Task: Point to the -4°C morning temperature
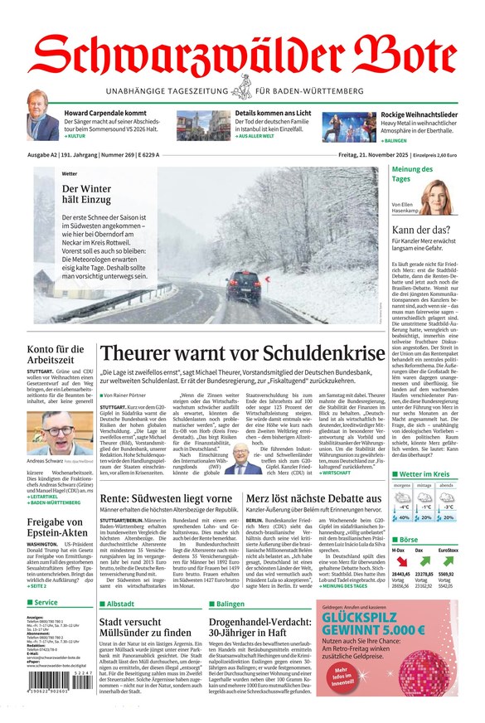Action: click(403, 506)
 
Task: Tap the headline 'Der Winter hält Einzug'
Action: click(85, 194)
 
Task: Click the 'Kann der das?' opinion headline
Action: click(420, 230)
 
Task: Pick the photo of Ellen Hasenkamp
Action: click(441, 198)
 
